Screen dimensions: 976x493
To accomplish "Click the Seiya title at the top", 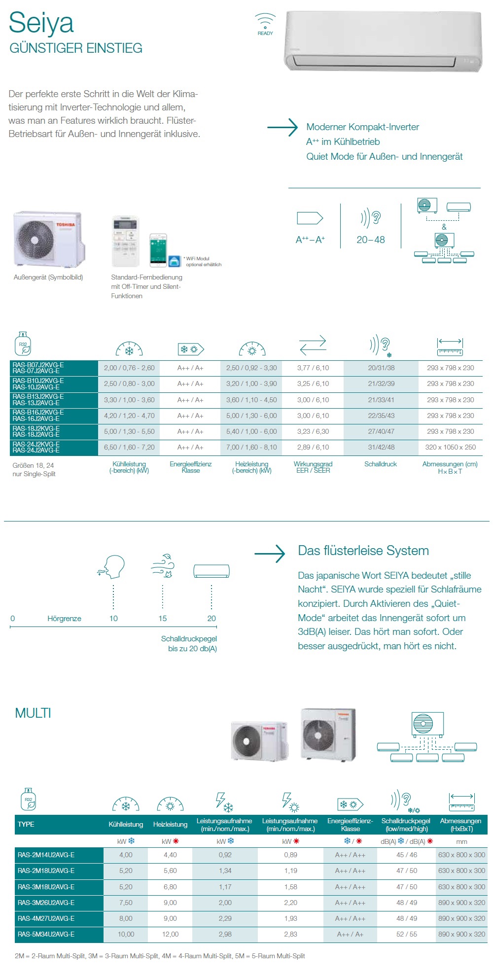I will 41,23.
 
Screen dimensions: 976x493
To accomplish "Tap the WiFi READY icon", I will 265,24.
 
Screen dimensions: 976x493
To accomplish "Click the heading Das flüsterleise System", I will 363,551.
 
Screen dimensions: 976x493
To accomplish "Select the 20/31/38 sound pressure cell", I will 381,368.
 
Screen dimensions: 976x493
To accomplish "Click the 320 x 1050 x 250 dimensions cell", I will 450,447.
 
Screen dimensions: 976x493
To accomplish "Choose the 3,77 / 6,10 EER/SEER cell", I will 313,368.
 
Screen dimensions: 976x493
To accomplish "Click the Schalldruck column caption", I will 381,464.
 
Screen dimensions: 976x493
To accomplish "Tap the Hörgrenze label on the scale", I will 64,618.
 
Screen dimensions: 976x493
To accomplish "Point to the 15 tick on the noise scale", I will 163,618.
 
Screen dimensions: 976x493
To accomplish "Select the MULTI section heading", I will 33,713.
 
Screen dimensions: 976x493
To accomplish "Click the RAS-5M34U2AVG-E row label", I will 46,934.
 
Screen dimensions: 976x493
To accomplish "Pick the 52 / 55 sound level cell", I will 407,934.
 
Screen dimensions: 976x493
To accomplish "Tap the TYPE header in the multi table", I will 26,824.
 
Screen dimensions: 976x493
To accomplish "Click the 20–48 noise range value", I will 371,240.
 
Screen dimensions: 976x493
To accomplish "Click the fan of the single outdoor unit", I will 35,240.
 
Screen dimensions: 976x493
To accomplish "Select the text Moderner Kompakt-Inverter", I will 362,127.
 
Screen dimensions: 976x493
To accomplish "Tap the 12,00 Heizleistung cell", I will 170,934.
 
